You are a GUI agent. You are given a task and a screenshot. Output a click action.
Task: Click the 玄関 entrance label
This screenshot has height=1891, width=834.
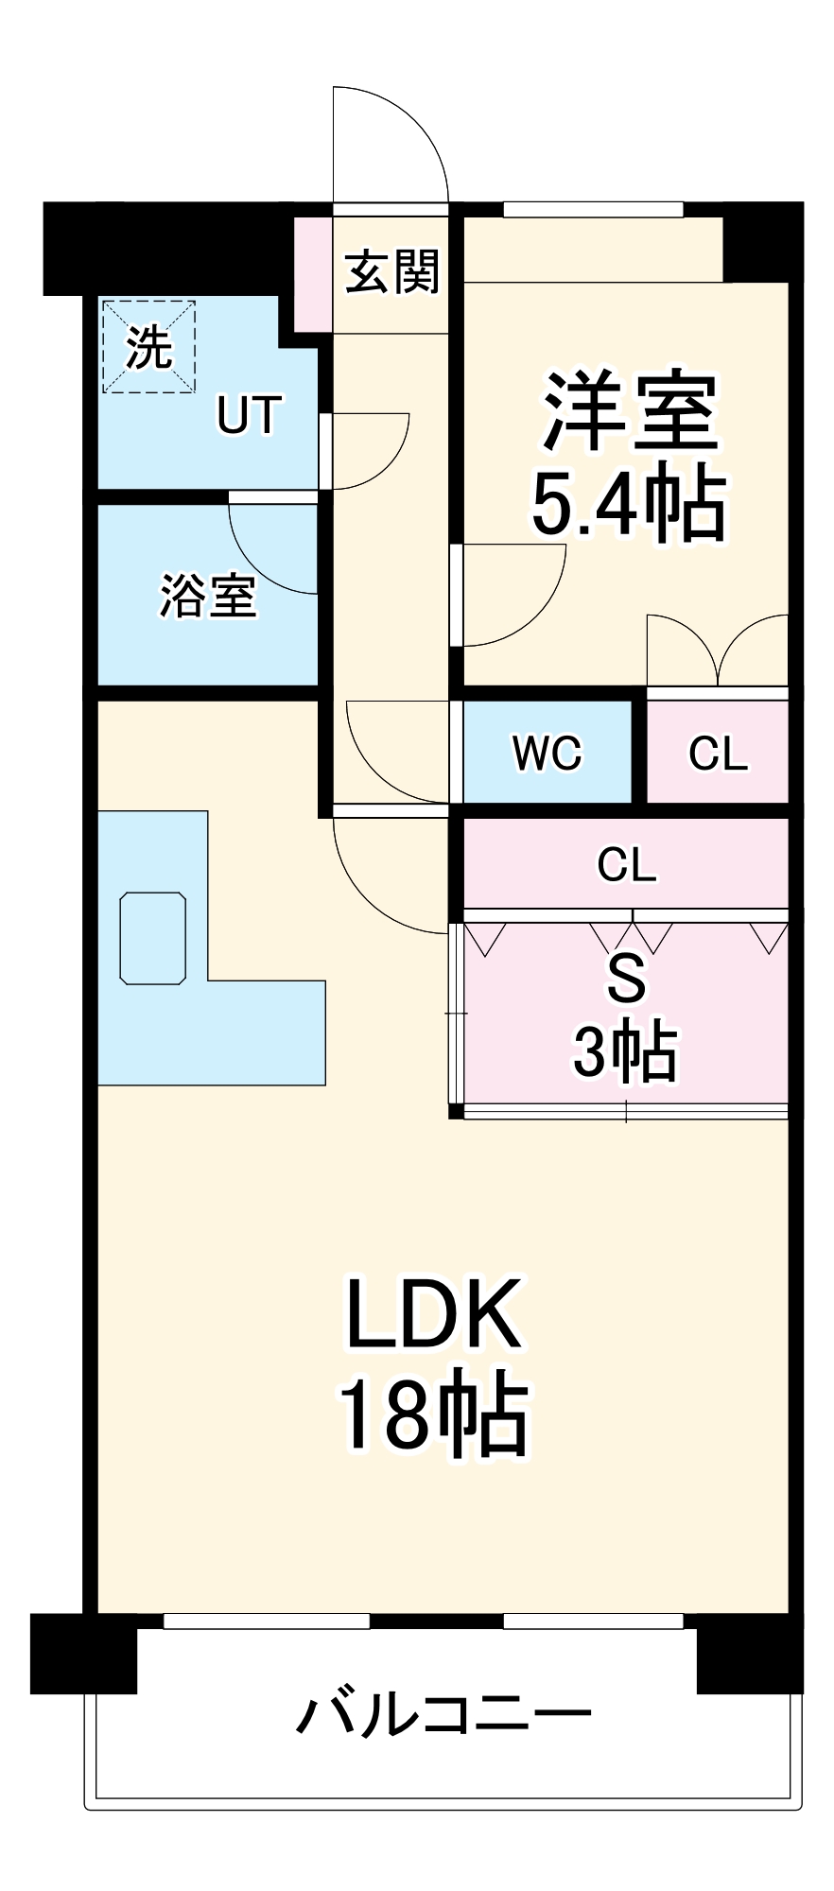pos(391,272)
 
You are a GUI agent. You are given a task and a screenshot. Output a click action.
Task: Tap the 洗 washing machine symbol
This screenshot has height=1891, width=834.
pos(149,347)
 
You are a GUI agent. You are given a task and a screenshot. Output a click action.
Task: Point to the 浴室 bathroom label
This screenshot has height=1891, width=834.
pos(207,596)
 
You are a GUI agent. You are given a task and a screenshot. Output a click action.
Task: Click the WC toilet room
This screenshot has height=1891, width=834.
pos(547,753)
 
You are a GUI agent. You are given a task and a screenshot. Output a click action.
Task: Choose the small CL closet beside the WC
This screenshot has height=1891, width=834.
pos(718,753)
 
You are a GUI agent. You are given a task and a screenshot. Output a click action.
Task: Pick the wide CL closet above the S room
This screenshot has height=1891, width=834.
pos(626,864)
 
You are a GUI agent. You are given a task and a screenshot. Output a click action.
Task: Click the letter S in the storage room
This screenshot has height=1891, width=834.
pos(626,980)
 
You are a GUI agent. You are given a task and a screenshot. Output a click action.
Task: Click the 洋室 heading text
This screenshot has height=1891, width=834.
pos(630,412)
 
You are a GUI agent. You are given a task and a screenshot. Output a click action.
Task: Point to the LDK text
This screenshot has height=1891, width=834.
pos(434,1314)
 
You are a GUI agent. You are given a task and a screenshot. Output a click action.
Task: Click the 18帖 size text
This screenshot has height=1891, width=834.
pos(434,1414)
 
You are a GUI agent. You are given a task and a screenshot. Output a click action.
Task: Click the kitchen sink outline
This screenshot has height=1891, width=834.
pos(152,937)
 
